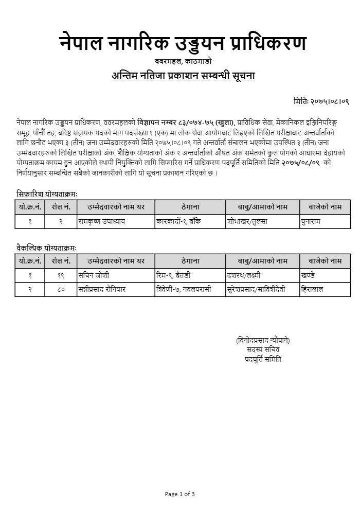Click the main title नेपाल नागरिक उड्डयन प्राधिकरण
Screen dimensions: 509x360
click(x=183, y=43)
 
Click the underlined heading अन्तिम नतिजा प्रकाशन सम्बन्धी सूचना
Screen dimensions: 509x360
click(x=183, y=76)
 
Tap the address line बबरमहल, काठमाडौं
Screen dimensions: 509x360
click(x=183, y=61)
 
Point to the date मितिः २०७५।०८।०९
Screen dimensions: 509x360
click(x=321, y=101)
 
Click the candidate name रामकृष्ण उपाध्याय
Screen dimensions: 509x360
click(x=102, y=221)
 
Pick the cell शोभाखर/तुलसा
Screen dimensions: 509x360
click(x=247, y=221)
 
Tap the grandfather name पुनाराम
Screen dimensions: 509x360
click(x=313, y=221)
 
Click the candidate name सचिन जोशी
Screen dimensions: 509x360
click(x=94, y=275)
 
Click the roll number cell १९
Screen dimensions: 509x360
click(x=61, y=275)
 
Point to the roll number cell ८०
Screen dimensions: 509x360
click(x=61, y=290)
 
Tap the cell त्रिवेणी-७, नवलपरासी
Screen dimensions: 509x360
click(x=184, y=290)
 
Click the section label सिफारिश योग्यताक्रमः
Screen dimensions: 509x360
click(x=47, y=194)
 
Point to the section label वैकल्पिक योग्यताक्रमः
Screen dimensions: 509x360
click(x=46, y=248)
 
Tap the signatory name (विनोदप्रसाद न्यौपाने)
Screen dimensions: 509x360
click(x=263, y=340)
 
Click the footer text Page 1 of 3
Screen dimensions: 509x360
click(x=179, y=494)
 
